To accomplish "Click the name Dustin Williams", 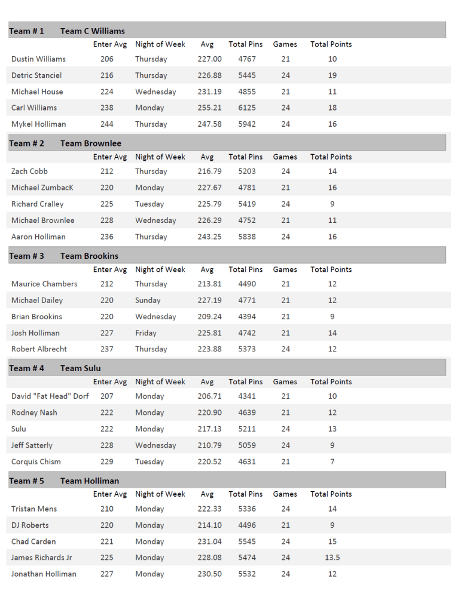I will pos(38,59).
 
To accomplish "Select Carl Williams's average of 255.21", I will pos(209,108).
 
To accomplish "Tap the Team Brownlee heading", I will pos(90,143).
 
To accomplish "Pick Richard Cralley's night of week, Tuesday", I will pos(149,204).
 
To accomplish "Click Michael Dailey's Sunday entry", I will pos(148,301).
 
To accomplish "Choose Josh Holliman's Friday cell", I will pos(146,333).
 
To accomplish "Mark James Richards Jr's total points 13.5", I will pos(332,558).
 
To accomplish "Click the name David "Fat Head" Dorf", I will pos(50,396).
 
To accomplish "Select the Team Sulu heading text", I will pos(80,369).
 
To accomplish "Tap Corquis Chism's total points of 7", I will pos(332,462).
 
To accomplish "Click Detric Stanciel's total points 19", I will pos(332,76).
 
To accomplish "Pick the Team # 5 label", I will pos(26,481).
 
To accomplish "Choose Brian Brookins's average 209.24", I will pos(209,317).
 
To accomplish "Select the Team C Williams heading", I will pos(92,31).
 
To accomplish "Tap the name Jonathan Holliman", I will pos(44,574).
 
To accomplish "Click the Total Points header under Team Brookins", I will pos(331,270).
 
